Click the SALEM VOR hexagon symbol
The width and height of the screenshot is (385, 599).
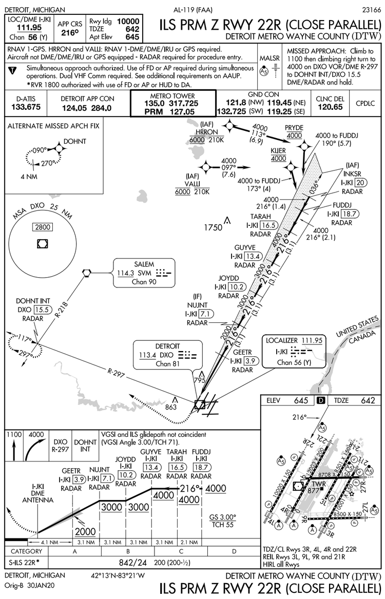pyautogui.click(x=87, y=273)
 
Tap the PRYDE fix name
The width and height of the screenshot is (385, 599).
pyautogui.click(x=294, y=126)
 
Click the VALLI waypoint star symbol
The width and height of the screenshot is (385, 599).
pyautogui.click(x=207, y=167)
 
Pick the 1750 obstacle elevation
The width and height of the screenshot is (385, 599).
pyautogui.click(x=213, y=227)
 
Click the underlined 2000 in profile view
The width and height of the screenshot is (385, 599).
pyautogui.click(x=86, y=531)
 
